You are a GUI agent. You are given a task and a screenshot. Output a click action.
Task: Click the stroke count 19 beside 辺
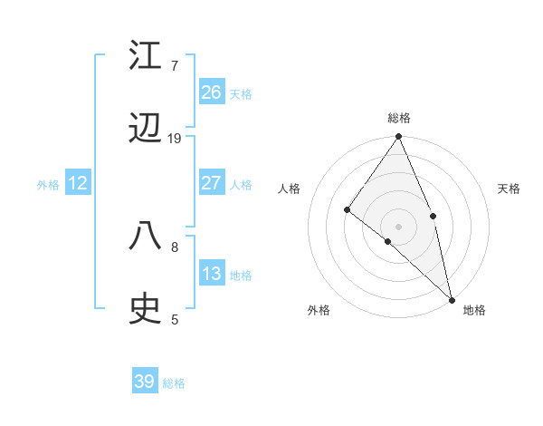(175, 139)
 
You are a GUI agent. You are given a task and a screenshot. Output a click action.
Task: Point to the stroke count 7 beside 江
(174, 65)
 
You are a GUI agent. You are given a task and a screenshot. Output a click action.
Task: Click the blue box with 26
(212, 92)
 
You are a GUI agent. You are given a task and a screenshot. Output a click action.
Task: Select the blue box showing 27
(212, 183)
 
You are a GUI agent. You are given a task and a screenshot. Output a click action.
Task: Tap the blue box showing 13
(212, 274)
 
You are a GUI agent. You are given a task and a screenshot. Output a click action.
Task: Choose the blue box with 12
(78, 183)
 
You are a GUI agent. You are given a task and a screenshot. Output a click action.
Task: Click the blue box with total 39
(145, 382)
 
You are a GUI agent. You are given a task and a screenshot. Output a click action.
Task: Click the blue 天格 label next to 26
(241, 93)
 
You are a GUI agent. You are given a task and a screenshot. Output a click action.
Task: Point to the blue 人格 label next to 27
(241, 185)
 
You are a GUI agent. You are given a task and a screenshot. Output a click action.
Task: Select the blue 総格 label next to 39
(174, 383)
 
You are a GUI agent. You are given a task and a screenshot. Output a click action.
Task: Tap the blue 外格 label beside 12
(48, 185)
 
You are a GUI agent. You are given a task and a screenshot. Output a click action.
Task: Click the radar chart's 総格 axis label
(399, 118)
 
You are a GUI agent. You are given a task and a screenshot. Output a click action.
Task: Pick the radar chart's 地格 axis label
(474, 310)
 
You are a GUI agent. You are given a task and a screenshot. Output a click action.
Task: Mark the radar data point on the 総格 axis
(399, 138)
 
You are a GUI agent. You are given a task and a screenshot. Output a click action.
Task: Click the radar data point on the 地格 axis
(452, 299)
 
